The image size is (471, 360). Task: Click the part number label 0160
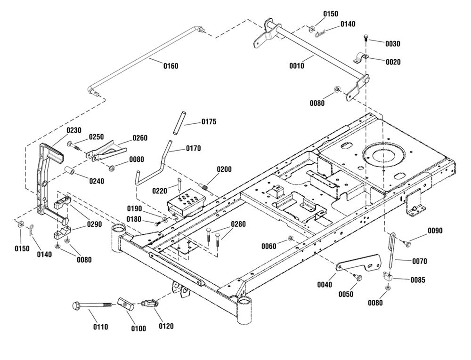[171, 66]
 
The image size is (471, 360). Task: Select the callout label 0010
[297, 66]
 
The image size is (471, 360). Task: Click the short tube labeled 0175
[178, 122]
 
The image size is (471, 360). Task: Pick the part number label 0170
[193, 148]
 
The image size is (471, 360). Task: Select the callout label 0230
[74, 130]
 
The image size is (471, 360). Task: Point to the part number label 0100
[138, 329]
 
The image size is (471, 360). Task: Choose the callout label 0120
[166, 326]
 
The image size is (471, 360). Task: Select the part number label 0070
[419, 261]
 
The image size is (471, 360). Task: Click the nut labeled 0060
[291, 239]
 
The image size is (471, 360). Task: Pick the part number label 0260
[140, 138]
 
